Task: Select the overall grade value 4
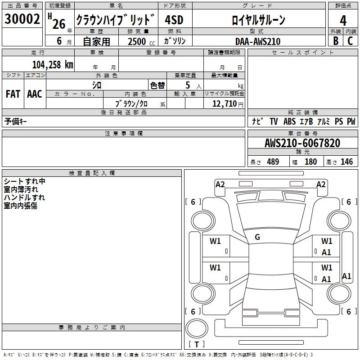pyautogui.click(x=343, y=20)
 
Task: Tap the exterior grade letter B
pyautogui.click(x=335, y=41)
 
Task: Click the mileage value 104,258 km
pyautogui.click(x=53, y=64)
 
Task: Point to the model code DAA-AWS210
pyautogui.click(x=258, y=41)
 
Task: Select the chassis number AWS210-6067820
pyautogui.click(x=302, y=144)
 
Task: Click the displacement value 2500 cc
pyautogui.click(x=138, y=41)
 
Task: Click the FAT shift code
pyautogui.click(x=13, y=94)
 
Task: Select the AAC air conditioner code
pyautogui.click(x=35, y=94)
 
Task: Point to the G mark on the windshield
pyautogui.click(x=257, y=237)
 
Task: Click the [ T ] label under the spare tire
pyautogui.click(x=197, y=344)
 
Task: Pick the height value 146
pyautogui.click(x=346, y=162)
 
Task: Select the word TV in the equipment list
pyautogui.click(x=274, y=121)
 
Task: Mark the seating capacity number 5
pyautogui.click(x=187, y=85)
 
